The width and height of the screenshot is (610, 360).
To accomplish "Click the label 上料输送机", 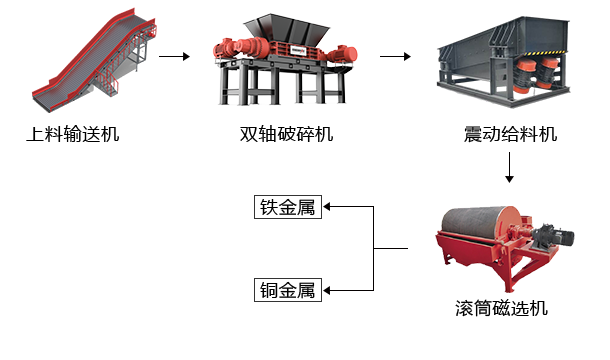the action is [x=73, y=134].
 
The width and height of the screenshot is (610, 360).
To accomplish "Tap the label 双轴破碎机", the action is [x=286, y=134].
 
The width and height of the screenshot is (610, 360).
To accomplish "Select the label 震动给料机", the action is [x=510, y=134].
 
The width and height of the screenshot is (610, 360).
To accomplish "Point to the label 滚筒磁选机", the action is [x=501, y=308].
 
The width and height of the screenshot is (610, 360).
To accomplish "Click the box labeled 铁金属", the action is [x=288, y=207].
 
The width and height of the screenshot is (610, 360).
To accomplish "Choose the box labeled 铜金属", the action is [x=288, y=290].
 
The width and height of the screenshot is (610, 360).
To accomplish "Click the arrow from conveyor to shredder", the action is [x=174, y=56].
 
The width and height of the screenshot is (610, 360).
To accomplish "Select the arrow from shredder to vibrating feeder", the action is [x=395, y=56].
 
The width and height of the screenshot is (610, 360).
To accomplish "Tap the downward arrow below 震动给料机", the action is [x=509, y=167].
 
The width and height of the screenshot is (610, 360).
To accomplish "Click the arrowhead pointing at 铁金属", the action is [x=327, y=207].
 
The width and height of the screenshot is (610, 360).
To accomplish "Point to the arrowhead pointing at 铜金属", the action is [x=327, y=290].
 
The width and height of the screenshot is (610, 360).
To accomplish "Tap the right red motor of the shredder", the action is [x=342, y=54].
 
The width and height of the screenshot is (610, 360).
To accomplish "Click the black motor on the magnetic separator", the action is [x=554, y=235].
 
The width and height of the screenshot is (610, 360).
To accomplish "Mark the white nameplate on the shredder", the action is [x=298, y=50].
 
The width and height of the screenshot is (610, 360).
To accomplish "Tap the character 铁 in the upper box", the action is [x=268, y=207].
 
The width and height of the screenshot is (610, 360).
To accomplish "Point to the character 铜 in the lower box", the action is [x=268, y=290].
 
